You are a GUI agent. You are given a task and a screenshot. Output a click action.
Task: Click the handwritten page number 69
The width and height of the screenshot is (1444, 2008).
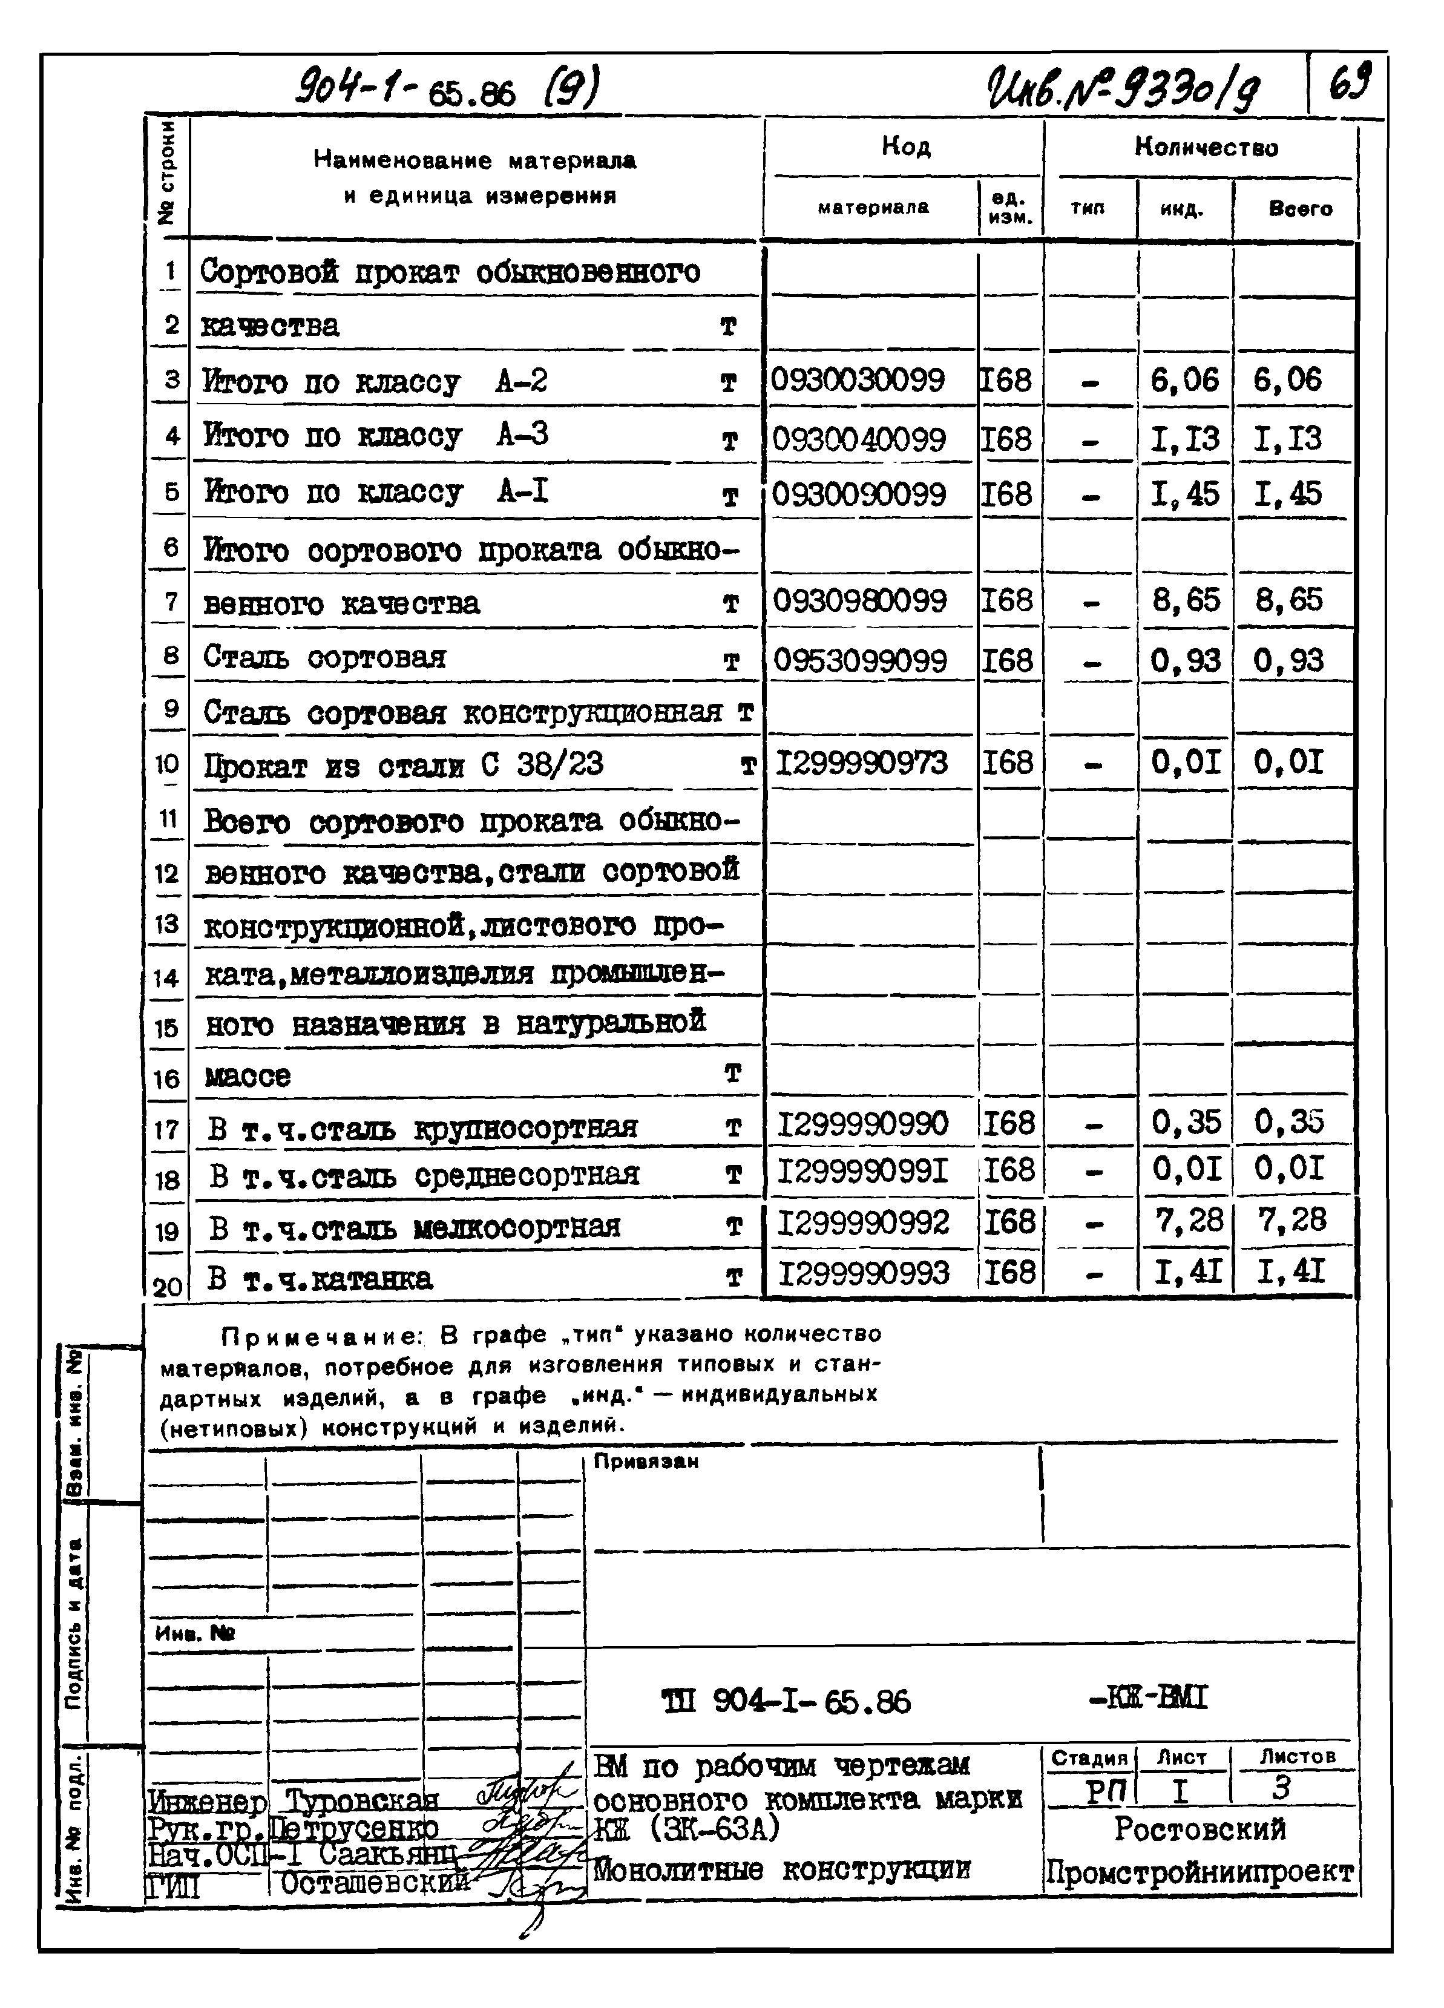point(1349,84)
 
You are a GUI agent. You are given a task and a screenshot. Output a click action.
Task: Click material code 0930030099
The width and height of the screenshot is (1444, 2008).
point(857,381)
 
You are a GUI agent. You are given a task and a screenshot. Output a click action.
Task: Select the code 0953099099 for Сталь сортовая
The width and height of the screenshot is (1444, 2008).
point(859,660)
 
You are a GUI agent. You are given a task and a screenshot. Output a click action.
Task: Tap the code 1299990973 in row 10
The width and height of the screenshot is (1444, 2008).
point(861,763)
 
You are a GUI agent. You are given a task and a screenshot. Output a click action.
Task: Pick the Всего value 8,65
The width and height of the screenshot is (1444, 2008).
point(1288,601)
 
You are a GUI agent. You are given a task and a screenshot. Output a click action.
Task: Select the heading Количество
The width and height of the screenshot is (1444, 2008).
point(1206,147)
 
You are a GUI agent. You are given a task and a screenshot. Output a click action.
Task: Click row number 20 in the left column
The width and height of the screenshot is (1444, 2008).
point(167,1285)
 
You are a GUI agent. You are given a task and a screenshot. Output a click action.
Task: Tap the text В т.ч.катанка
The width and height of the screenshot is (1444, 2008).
point(321,1279)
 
